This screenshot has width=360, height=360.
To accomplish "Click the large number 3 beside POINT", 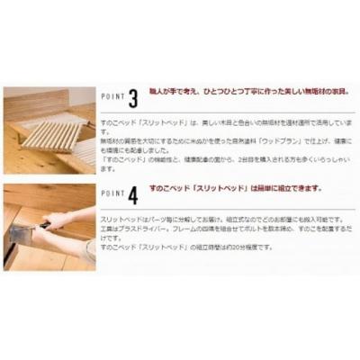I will pyautogui.click(x=133, y=96).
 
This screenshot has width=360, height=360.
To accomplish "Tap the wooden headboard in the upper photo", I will pyautogui.click(x=36, y=103).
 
